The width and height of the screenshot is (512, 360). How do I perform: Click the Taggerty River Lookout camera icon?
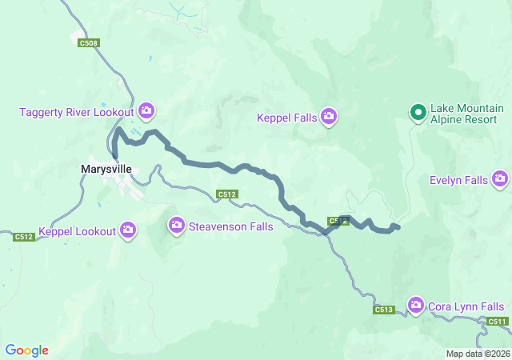click(x=146, y=110)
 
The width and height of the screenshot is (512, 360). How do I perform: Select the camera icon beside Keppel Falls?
click(x=329, y=118)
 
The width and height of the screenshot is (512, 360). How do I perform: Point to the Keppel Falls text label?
click(x=286, y=118)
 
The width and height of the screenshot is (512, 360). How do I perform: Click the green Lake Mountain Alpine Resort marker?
click(x=417, y=114)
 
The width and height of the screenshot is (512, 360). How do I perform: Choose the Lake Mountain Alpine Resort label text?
click(x=467, y=114)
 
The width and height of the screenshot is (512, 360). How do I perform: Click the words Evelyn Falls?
click(x=458, y=180)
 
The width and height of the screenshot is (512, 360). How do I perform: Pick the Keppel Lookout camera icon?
click(x=128, y=231)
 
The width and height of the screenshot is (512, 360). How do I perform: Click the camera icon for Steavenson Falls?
click(x=176, y=226)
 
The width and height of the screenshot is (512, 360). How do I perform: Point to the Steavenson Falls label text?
click(x=230, y=226)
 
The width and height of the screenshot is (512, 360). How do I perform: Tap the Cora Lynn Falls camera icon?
click(x=415, y=306)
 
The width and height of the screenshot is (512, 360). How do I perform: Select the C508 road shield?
click(x=89, y=43)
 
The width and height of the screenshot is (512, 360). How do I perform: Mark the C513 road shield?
click(x=383, y=310)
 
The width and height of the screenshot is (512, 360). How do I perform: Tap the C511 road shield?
click(x=497, y=322)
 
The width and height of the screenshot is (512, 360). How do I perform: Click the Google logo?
click(x=27, y=350)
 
